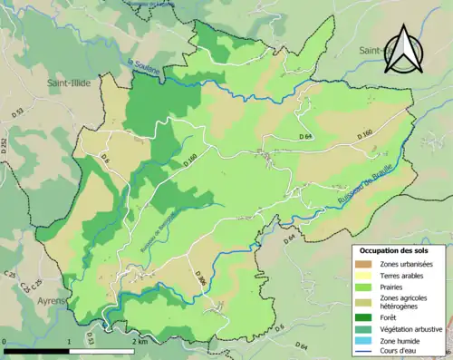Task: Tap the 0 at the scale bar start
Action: click(4, 341)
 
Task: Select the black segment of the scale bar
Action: click(36, 350)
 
